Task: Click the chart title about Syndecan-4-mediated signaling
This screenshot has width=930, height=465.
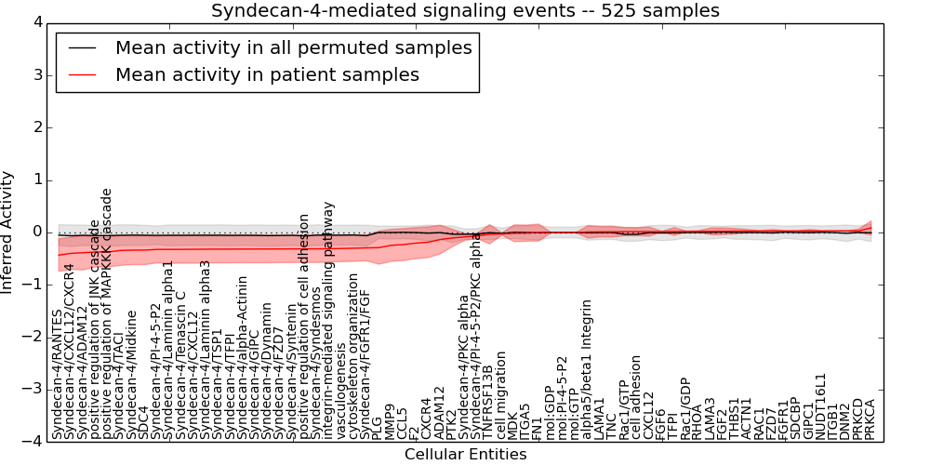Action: tap(465, 11)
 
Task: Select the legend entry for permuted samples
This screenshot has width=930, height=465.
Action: tap(293, 47)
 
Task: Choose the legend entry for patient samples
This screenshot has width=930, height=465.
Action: tap(267, 74)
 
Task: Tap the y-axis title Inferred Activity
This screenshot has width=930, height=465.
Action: tap(8, 232)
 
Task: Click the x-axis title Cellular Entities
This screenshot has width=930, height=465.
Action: tap(465, 455)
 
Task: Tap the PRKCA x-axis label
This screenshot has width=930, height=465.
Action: tap(870, 418)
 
